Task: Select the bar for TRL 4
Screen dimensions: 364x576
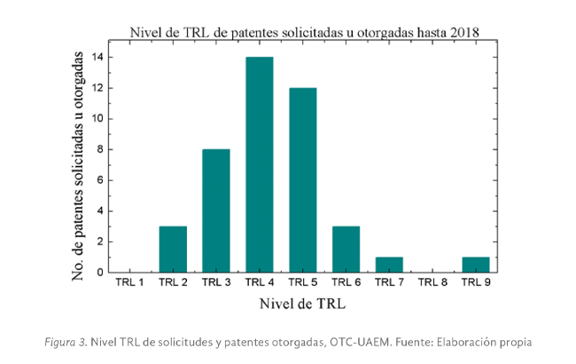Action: (x=260, y=164)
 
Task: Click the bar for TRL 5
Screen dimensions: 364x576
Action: (x=303, y=179)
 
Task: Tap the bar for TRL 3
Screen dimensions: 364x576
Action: (x=216, y=210)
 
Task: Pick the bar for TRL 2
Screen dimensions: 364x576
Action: (x=173, y=249)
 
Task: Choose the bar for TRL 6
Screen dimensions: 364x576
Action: (x=346, y=249)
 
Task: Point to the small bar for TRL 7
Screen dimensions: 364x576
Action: (x=390, y=264)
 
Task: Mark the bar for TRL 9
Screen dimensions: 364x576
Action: (x=476, y=264)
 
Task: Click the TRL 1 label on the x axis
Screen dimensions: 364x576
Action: (x=129, y=283)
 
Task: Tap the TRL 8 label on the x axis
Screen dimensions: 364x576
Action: (x=432, y=283)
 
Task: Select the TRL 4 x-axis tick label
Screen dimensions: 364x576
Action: (x=260, y=283)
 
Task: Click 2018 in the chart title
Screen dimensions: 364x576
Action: (x=462, y=32)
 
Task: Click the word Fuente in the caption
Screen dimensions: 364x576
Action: (x=419, y=342)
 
